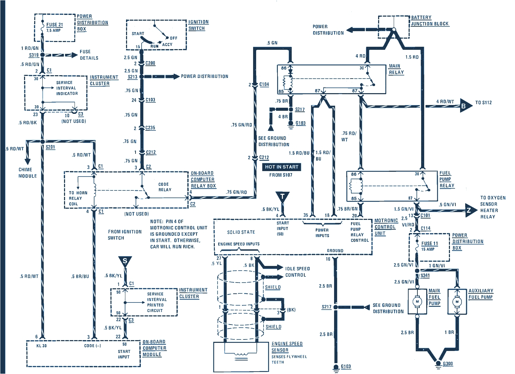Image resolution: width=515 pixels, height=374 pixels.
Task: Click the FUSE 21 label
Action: pos(54,25)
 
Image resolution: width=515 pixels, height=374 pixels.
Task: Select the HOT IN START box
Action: pos(282,167)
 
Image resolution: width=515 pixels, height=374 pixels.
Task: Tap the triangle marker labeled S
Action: pos(125,261)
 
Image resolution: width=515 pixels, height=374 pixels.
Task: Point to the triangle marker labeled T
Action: pos(282,196)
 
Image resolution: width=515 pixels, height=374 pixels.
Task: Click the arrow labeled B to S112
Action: pos(464,106)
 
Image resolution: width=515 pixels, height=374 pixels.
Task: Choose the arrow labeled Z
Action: pos(469,210)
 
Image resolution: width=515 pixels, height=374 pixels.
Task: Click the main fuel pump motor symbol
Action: pos(417,301)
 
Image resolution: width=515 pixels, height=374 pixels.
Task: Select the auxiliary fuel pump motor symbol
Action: pos(457,301)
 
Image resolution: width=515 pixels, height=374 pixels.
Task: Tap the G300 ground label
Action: pos(448,363)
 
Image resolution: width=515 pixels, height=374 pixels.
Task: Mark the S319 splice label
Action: pos(34,55)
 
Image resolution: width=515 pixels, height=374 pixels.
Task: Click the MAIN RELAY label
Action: pos(395,69)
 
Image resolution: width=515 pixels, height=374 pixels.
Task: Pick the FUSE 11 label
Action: pos(429,243)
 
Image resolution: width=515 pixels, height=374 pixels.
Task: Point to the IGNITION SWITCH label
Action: pos(198,25)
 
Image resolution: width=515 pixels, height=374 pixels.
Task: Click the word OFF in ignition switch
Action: pos(173,38)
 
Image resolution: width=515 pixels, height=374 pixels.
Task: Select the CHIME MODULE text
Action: pos(27,173)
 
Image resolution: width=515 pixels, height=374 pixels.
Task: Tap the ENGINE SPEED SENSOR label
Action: pos(287,347)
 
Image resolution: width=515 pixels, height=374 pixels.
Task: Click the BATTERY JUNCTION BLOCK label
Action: pos(429,20)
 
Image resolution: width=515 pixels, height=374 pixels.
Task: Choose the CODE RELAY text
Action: pos(165,187)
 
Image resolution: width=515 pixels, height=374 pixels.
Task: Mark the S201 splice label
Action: pos(50,147)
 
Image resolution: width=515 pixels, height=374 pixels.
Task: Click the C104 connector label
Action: pos(264,84)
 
